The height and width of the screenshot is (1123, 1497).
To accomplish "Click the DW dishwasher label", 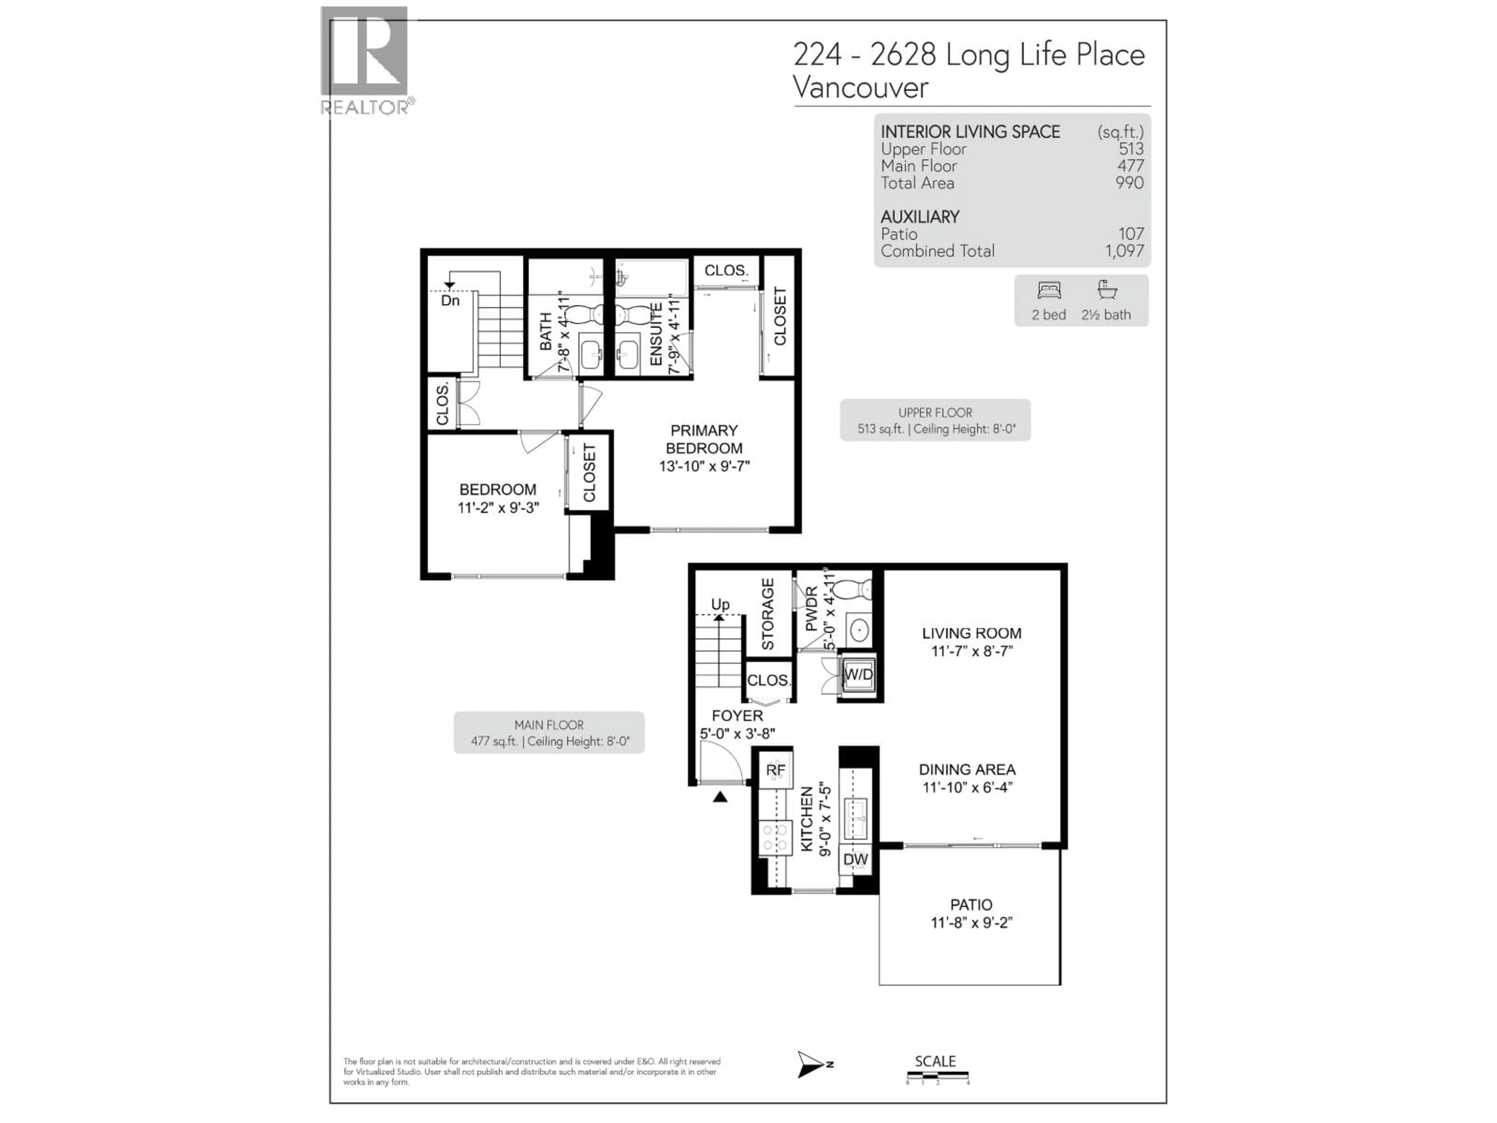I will tap(855, 860).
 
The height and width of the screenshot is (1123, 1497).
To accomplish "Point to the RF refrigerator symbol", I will tap(775, 771).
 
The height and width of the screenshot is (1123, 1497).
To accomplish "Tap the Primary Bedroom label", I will tap(704, 439).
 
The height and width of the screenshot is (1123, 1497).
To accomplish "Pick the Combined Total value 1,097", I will tap(1124, 251).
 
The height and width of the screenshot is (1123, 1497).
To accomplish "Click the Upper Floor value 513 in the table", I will tap(1131, 149).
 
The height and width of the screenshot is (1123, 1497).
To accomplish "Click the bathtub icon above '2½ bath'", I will tap(1106, 290).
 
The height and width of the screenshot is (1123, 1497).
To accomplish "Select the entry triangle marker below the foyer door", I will tap(720, 797).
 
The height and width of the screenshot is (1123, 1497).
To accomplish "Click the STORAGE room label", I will tap(768, 614).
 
